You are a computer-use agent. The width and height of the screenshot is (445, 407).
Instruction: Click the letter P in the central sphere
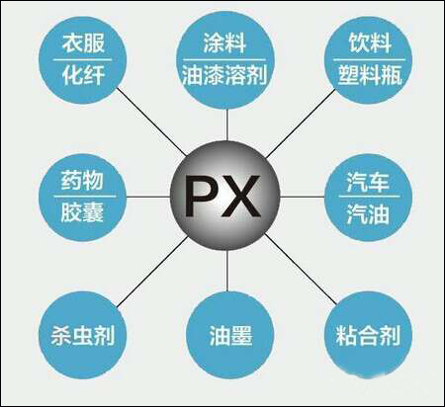coord(200,196)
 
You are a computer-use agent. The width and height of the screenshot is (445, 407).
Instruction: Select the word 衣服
coord(83,42)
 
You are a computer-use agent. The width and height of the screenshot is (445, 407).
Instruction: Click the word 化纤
coord(83,75)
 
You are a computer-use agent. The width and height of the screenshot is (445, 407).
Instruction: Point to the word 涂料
coord(224,42)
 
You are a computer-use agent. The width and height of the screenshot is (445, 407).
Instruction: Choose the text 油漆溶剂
coord(224,75)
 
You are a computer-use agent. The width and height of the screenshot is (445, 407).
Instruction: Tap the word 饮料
coord(370,42)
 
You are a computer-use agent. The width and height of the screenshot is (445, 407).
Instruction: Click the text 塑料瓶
coord(370,75)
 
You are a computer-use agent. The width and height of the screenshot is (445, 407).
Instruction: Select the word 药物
coord(82,180)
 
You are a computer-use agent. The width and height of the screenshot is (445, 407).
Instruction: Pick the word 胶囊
coord(82,212)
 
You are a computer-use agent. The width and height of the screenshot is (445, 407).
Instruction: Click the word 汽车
coord(368,182)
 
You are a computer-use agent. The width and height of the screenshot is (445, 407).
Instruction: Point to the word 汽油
coord(368,214)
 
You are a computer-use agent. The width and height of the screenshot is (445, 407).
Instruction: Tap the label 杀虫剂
coord(83,336)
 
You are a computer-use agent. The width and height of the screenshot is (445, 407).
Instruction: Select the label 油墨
coord(230,336)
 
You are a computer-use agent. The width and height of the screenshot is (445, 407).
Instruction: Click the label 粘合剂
coord(368,336)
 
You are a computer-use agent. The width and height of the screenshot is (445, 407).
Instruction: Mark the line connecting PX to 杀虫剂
coord(152,272)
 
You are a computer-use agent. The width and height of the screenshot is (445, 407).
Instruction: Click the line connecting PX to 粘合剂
coord(301,269)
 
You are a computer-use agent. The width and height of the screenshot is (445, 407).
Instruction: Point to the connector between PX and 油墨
coord(227,271)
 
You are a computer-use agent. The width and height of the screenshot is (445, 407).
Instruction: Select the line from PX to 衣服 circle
coord(151,122)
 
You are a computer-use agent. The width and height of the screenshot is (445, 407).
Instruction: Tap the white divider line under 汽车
coord(369,197)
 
